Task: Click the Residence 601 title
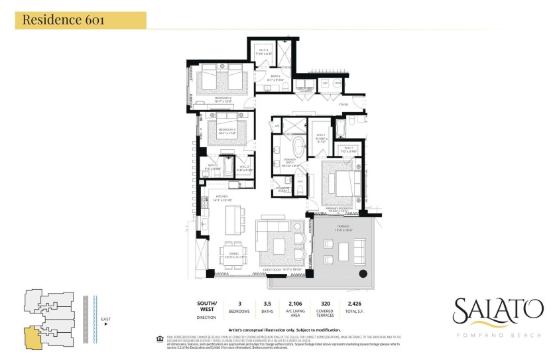pos(63,19)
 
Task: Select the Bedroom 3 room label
pos(229,130)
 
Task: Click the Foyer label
pos(343,104)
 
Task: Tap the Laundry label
pos(306,91)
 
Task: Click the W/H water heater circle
pos(338,84)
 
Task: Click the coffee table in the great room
pos(278,246)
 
